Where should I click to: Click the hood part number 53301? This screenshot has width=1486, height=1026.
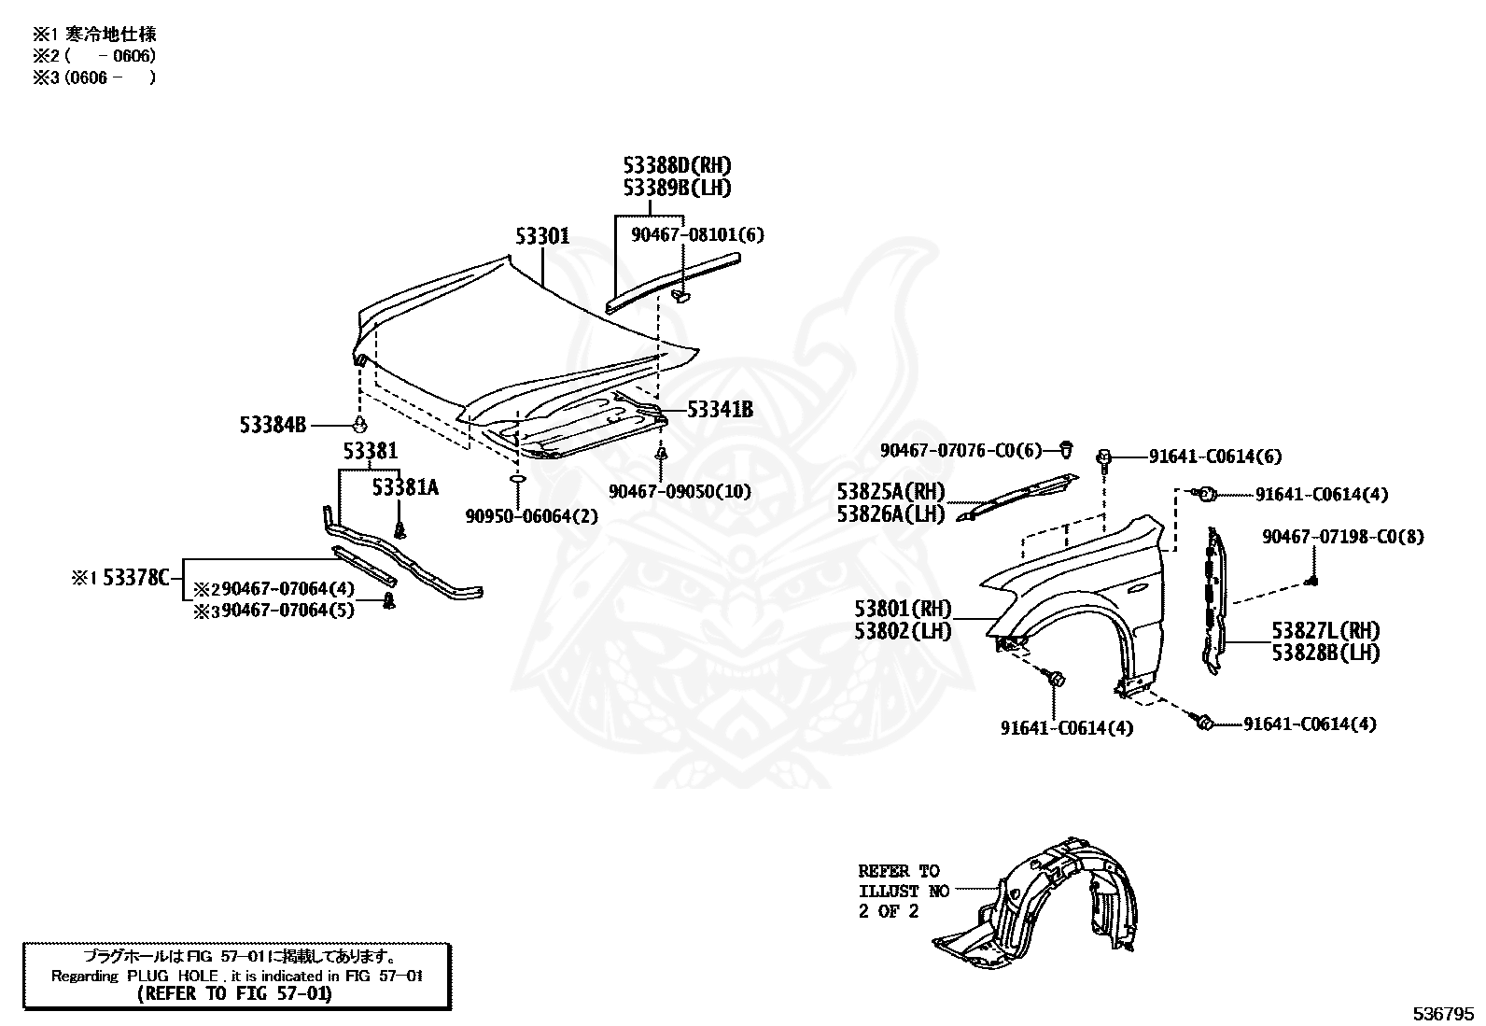point(542,236)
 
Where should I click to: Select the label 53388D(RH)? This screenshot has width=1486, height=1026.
point(677,165)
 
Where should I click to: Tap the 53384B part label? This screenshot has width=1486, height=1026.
point(273,425)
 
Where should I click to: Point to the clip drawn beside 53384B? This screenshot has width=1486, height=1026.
point(359,424)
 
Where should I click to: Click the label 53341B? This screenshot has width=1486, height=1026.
point(720,410)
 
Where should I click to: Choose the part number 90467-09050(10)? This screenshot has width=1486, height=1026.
point(680,492)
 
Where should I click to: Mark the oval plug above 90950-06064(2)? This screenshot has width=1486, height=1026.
point(517,479)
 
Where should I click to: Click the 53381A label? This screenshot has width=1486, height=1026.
point(405,487)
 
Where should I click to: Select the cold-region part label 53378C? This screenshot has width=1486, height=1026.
point(136,578)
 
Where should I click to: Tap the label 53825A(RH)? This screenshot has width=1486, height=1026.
point(890,492)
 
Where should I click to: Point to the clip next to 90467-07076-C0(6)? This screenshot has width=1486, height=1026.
point(1065,449)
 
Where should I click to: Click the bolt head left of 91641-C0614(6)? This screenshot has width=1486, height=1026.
point(1103,457)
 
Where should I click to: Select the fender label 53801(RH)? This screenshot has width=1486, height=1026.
point(903,609)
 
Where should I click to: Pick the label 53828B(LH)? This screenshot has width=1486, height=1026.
point(1325,653)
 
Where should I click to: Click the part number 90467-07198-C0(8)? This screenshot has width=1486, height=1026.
point(1342,537)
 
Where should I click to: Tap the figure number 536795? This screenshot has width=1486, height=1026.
point(1443,1014)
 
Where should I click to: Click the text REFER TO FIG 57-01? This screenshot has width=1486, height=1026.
point(235,993)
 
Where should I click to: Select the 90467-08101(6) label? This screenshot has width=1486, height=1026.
point(697,235)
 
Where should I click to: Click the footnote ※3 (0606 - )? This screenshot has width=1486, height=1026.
point(95,78)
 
